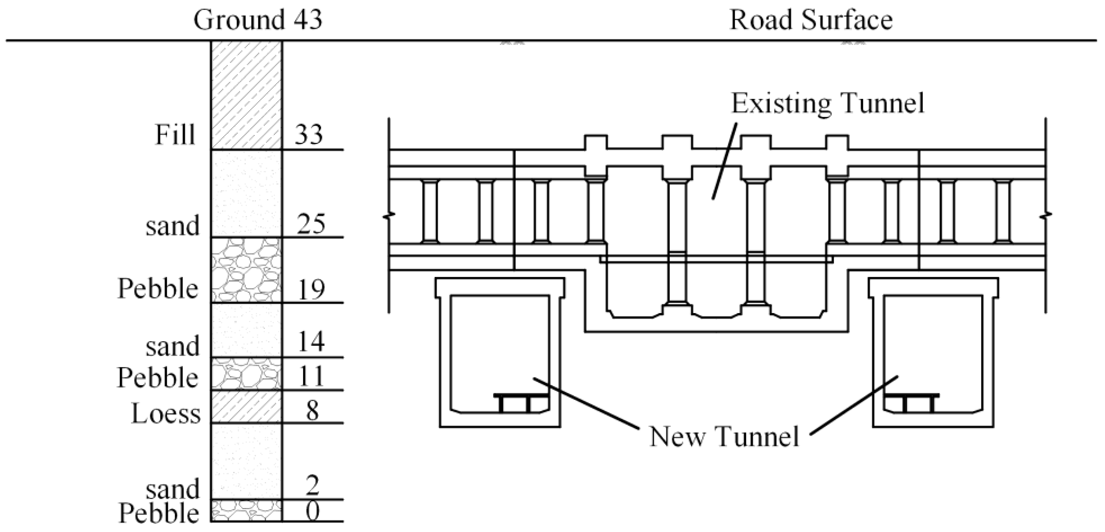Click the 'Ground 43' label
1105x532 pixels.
258,20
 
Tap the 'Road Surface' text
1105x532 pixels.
811,20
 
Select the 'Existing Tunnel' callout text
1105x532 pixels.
827,103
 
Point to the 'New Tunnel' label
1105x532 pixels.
724,436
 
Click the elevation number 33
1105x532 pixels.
308,134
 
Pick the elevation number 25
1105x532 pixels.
311,223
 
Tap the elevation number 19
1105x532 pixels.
311,289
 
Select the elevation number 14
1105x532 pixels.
311,342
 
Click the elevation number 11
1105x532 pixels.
311,376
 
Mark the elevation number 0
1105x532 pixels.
312,511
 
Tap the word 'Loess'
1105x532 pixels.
166,414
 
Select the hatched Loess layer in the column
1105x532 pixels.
246,406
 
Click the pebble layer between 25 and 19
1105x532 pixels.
246,270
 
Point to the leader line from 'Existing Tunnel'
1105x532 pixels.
725,161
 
